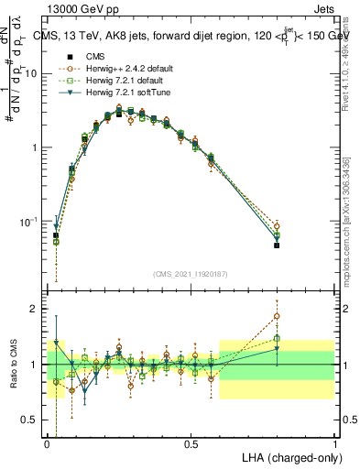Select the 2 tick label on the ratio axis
(x=36, y=309)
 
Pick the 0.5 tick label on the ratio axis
(x=31, y=420)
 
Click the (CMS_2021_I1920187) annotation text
(x=191, y=273)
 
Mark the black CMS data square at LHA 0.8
(x=277, y=245)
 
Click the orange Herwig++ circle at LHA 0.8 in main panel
(x=277, y=225)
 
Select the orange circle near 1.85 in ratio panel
(x=277, y=316)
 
